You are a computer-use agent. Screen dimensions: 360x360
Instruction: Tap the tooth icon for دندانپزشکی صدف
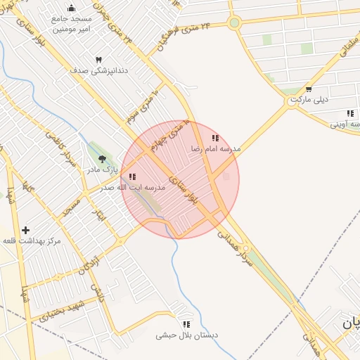[x=98, y=60]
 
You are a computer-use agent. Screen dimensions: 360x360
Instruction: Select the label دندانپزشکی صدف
[x=98, y=71]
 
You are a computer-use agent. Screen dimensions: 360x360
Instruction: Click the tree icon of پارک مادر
[x=103, y=160]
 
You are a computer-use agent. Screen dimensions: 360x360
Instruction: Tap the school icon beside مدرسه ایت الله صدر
[x=133, y=177]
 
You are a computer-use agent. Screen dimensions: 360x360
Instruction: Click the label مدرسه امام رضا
[x=216, y=149]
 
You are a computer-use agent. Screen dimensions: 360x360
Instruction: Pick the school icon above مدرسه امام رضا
[x=215, y=139]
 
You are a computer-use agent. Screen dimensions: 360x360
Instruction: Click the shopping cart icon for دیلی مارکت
[x=309, y=89]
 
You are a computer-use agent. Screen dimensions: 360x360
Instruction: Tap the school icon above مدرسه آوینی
[x=350, y=113]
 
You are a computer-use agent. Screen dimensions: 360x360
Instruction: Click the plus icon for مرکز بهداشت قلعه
[x=26, y=230]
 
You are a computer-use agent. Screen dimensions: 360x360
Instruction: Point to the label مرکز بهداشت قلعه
[x=32, y=241]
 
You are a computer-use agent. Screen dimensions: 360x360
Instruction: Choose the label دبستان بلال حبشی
[x=187, y=335]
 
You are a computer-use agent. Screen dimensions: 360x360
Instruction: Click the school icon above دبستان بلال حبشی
[x=186, y=324]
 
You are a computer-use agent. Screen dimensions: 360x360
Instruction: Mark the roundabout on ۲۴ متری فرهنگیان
[x=234, y=22]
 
